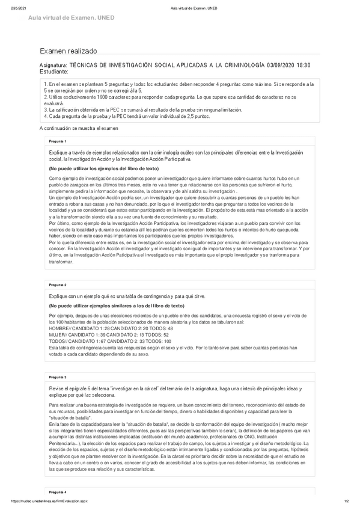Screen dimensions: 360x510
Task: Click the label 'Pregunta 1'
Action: tap(58, 141)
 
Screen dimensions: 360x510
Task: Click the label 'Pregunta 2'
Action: tap(58, 284)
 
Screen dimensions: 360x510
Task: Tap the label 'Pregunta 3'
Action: tap(58, 376)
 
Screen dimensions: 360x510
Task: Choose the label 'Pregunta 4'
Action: tap(58, 491)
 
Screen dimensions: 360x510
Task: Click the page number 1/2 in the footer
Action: tap(347, 501)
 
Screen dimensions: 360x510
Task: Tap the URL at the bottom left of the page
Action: tap(46, 501)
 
